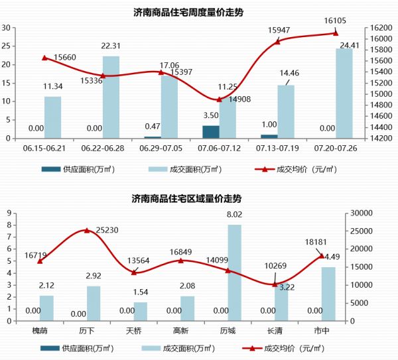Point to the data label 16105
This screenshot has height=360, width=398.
click(336, 21)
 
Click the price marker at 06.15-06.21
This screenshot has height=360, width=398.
click(44, 58)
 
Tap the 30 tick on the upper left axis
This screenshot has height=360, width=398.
click(6, 28)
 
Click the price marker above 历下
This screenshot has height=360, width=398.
click(87, 231)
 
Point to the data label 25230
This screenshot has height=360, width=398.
click(109, 229)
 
